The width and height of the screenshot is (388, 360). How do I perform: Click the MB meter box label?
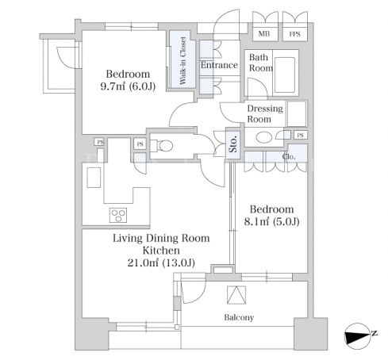pyautogui.click(x=264, y=33)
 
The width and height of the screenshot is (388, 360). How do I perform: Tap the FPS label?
pyautogui.click(x=294, y=34)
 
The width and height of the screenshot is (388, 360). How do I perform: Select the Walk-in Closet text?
pyautogui.click(x=182, y=61)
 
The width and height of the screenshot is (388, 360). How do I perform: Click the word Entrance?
pyautogui.click(x=219, y=65)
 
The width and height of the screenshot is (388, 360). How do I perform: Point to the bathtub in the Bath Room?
pyautogui.click(x=285, y=75)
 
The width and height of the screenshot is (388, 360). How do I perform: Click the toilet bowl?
pyautogui.click(x=164, y=146)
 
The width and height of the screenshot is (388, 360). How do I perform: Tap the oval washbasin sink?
pyautogui.click(x=264, y=137)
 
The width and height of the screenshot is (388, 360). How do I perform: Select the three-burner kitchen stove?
pyautogui.click(x=118, y=215)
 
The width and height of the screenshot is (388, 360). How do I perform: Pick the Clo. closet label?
pyautogui.click(x=289, y=157)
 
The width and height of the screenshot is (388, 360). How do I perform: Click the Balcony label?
pyautogui.click(x=239, y=317)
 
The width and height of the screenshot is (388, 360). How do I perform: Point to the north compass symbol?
pyautogui.click(x=359, y=335)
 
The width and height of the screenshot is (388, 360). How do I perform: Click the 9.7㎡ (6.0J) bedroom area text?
pyautogui.click(x=128, y=86)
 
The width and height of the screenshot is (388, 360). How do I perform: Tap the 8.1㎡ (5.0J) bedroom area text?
pyautogui.click(x=271, y=221)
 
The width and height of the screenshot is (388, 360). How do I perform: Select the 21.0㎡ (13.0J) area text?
pyautogui.click(x=161, y=262)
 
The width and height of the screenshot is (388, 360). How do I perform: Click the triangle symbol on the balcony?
pyautogui.click(x=236, y=295)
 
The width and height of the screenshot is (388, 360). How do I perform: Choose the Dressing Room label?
pyautogui.click(x=265, y=113)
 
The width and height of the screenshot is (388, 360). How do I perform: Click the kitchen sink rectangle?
pyautogui.click(x=94, y=178)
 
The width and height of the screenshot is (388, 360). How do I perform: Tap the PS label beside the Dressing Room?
pyautogui.click(x=301, y=135)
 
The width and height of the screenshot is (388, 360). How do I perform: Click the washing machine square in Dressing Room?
pyautogui.click(x=297, y=113)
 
